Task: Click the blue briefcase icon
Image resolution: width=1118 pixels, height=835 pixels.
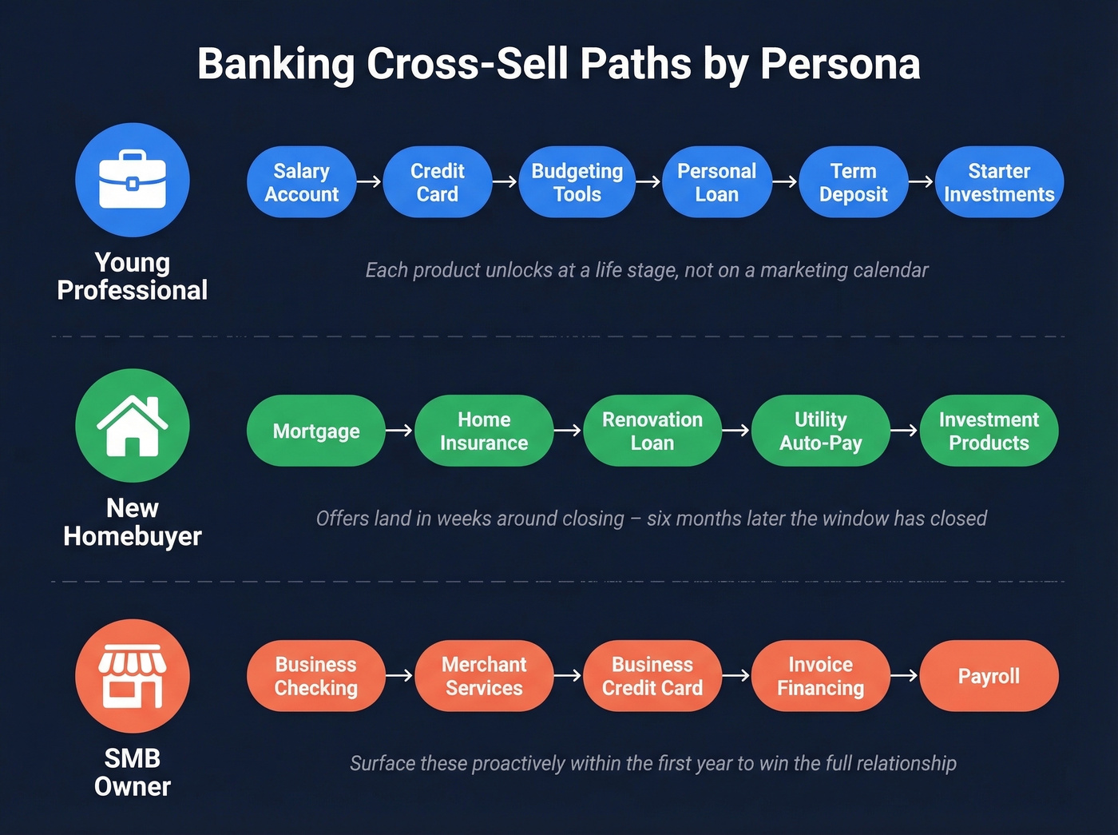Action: [133, 180]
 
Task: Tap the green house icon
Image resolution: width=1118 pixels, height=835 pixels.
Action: [133, 426]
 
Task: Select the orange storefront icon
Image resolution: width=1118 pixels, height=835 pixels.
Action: [133, 676]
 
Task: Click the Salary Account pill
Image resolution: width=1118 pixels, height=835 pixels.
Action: [302, 182]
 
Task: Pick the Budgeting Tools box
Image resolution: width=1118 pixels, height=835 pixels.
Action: [577, 182]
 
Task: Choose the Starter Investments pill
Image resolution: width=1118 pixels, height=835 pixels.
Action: [999, 182]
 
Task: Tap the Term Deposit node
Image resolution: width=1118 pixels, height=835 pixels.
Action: [853, 182]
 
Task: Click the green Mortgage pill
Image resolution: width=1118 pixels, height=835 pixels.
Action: [316, 431]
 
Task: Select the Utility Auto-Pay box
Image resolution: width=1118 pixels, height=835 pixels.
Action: [821, 431]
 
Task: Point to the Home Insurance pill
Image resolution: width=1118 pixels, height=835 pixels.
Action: [484, 431]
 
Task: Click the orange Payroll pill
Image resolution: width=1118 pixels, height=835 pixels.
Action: [989, 676]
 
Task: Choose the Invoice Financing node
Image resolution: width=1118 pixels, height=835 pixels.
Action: [821, 676]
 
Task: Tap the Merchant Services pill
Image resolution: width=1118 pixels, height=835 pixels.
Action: [484, 676]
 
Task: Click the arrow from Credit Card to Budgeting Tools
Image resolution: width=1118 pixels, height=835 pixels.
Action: [505, 182]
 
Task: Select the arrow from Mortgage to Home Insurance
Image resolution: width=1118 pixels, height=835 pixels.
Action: [399, 431]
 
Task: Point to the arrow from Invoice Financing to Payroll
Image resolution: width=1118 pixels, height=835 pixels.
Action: [904, 676]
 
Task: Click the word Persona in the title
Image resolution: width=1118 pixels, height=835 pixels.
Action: [840, 64]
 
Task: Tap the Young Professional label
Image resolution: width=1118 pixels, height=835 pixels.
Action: [133, 276]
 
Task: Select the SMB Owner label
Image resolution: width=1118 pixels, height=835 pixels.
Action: [133, 772]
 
